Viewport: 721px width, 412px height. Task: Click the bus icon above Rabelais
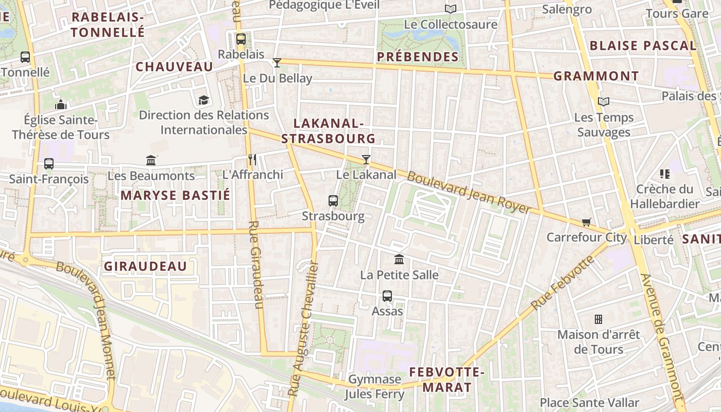[x=241, y=39]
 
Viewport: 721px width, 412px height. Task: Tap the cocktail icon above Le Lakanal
[x=366, y=160]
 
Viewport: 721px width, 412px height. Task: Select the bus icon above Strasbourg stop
[x=333, y=201]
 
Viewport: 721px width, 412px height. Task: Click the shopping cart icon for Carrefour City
[x=586, y=222]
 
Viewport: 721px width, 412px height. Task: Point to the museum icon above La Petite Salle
[x=399, y=259]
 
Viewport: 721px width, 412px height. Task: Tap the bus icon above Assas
[x=387, y=296]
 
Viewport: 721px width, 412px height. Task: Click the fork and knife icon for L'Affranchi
[x=252, y=160]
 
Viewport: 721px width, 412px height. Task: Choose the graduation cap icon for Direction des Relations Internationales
[x=204, y=100]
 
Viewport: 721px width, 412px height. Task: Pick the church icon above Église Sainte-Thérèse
[x=61, y=105]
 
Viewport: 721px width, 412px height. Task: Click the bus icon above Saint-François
[x=49, y=164]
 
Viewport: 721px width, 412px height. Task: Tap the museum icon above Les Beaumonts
[x=151, y=161]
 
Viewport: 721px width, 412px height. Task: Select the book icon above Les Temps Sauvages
[x=604, y=102]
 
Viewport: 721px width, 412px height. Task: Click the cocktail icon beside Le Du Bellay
[x=277, y=63]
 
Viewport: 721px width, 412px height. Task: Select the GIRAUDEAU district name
[x=145, y=266]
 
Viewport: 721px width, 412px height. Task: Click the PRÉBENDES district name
[x=418, y=57]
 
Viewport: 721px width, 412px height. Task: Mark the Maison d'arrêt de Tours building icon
[x=598, y=319]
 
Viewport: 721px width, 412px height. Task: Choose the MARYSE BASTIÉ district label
[x=175, y=196]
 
